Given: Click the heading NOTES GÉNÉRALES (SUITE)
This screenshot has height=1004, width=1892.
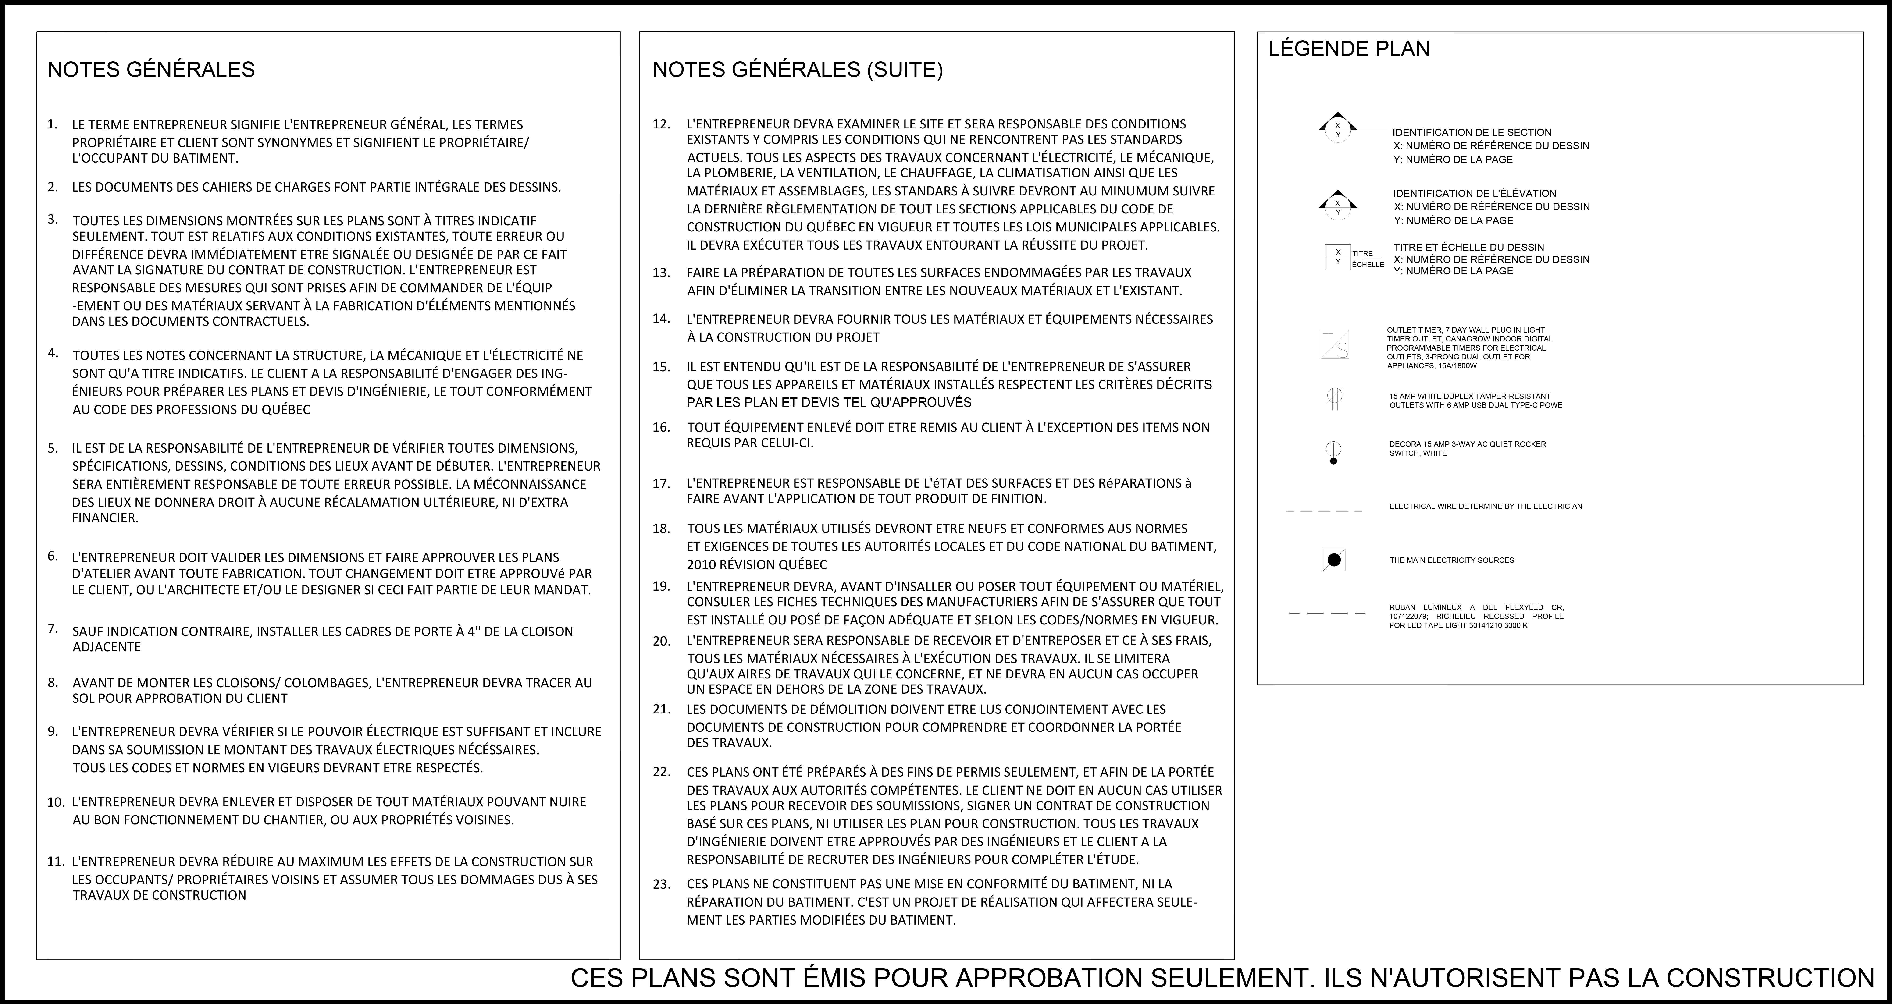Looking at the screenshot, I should [x=798, y=70].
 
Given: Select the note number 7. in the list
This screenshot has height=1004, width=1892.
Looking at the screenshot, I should [x=53, y=629].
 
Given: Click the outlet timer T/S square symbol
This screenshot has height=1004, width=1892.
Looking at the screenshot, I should [x=1335, y=344].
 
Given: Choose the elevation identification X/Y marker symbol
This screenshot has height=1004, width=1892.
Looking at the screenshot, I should [x=1337, y=205].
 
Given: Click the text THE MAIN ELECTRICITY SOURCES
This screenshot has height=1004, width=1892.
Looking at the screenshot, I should [x=1451, y=561].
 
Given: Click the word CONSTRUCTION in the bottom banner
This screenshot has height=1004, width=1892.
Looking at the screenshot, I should [x=1770, y=978].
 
